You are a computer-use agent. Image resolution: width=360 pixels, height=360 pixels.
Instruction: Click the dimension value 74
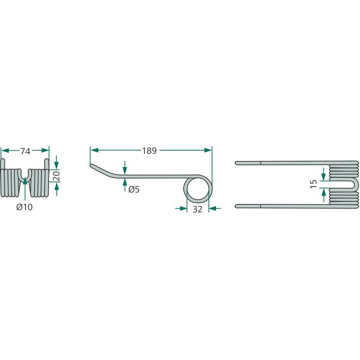click(x=25, y=152)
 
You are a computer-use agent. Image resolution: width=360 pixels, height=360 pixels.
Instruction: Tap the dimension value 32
click(x=198, y=209)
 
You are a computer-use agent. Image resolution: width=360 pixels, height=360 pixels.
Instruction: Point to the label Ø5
click(x=134, y=189)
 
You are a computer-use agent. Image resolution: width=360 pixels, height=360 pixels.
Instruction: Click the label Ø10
click(x=25, y=207)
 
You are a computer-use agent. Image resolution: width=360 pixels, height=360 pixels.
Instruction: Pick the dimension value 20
click(x=56, y=175)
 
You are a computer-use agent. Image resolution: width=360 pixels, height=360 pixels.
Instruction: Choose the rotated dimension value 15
click(x=314, y=183)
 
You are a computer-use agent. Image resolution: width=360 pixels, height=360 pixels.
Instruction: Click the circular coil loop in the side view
click(x=198, y=188)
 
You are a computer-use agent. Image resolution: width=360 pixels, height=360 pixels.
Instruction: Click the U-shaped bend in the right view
click(x=355, y=184)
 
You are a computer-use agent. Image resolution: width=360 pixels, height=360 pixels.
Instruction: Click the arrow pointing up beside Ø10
click(x=25, y=181)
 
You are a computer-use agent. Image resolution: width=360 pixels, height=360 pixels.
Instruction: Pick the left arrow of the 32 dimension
click(x=183, y=208)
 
